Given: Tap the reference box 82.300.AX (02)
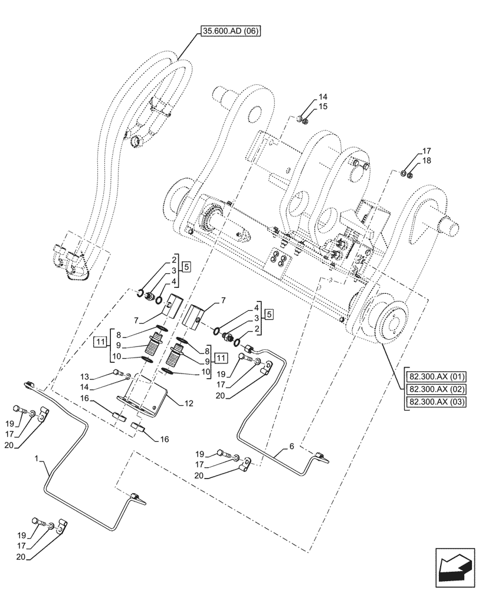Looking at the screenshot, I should pyautogui.click(x=435, y=389).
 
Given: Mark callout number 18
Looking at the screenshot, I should pyautogui.click(x=426, y=160).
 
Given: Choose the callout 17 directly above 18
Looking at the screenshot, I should pyautogui.click(x=426, y=150).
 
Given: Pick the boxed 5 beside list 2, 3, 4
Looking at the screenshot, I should pyautogui.click(x=186, y=266).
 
